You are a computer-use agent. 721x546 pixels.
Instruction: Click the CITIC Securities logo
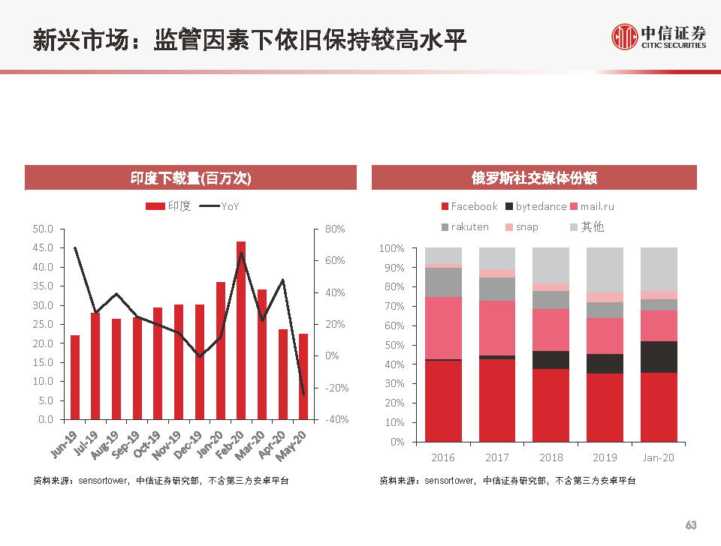click(x=659, y=36)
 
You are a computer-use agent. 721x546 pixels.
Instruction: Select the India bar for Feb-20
click(x=241, y=330)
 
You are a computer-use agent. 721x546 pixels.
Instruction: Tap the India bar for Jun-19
click(x=75, y=377)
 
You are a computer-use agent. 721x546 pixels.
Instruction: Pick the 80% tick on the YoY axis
click(x=334, y=229)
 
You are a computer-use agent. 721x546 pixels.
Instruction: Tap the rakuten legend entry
click(x=465, y=226)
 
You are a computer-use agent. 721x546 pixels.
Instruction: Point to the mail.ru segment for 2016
click(x=443, y=328)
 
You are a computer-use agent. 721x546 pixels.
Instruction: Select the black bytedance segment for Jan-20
click(x=659, y=357)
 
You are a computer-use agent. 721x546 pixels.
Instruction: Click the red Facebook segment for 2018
click(x=551, y=405)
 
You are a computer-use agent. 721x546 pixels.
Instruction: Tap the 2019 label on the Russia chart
click(x=605, y=457)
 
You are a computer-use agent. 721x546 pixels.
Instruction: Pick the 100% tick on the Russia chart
click(x=392, y=248)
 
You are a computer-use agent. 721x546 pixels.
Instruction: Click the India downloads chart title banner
click(x=190, y=178)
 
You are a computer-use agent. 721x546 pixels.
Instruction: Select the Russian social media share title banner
click(x=534, y=178)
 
